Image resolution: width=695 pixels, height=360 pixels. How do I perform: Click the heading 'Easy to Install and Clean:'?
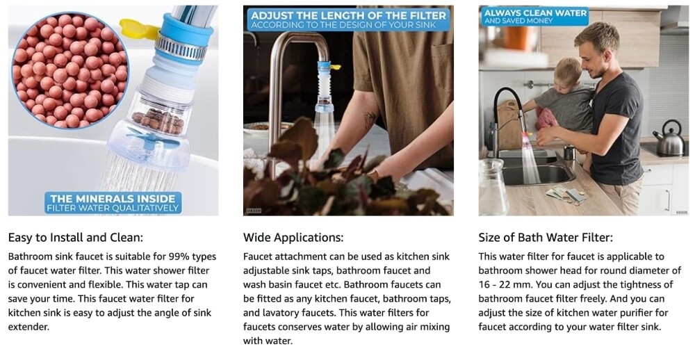pos(76,238)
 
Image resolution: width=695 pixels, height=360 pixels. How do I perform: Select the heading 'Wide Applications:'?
pos(293,238)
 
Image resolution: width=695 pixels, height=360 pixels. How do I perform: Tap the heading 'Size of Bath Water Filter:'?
pos(546,238)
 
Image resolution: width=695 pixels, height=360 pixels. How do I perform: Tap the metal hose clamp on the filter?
pos(181,47)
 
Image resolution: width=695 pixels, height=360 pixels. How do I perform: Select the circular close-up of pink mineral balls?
pos(70,70)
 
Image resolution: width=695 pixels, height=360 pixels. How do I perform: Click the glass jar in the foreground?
pos(493,187)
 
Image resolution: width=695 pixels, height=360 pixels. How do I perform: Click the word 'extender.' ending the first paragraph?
pos(28,327)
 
